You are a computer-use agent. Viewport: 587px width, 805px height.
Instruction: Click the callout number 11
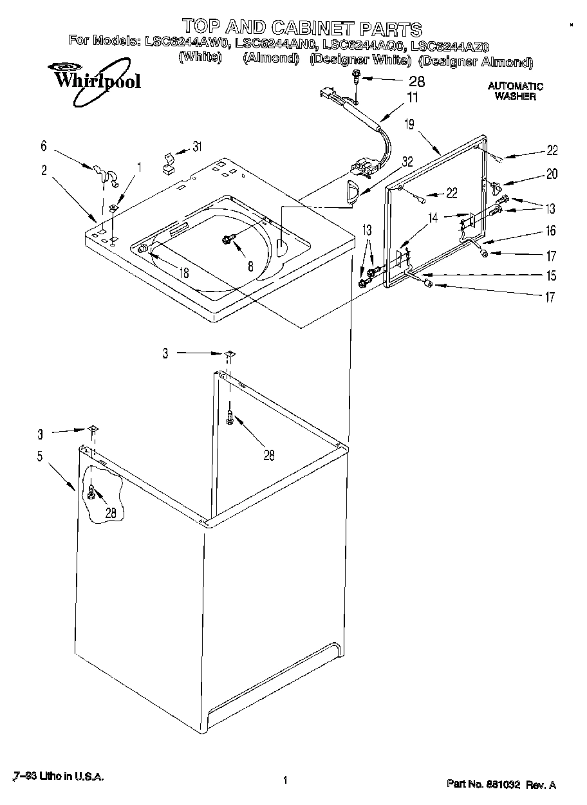pyautogui.click(x=412, y=98)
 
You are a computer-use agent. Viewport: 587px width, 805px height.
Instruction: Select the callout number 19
pyautogui.click(x=409, y=125)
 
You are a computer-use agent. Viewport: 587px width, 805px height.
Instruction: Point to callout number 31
pyautogui.click(x=197, y=147)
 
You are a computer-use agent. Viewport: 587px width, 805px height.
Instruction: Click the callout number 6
pyautogui.click(x=43, y=146)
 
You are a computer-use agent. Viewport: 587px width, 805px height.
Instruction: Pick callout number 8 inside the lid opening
pyautogui.click(x=250, y=265)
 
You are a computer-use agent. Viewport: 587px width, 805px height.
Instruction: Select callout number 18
pyautogui.click(x=184, y=272)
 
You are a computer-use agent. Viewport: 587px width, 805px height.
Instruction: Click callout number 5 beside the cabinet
pyautogui.click(x=40, y=457)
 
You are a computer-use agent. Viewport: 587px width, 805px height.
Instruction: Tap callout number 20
pyautogui.click(x=552, y=174)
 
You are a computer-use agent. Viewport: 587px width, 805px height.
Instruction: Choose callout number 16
pyautogui.click(x=551, y=231)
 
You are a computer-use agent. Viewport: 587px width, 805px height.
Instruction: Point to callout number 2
pyautogui.click(x=43, y=171)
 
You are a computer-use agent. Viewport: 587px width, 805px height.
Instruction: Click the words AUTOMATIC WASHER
pyautogui.click(x=515, y=91)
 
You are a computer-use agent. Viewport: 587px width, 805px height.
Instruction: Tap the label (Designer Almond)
pyautogui.click(x=476, y=62)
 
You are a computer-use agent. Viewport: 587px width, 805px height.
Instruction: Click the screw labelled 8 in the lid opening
pyautogui.click(x=227, y=239)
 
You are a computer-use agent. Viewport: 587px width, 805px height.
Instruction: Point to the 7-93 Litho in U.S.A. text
pyautogui.click(x=57, y=777)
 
